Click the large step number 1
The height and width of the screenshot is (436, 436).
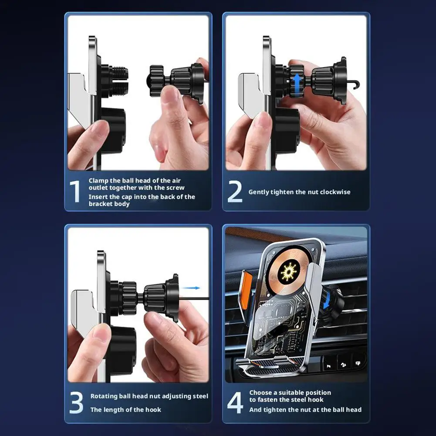tap(75, 191)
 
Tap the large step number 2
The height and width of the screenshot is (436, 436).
tap(235, 191)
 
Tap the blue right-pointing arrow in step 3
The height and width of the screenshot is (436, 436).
tap(191, 288)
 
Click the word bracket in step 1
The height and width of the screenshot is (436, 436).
tap(100, 204)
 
